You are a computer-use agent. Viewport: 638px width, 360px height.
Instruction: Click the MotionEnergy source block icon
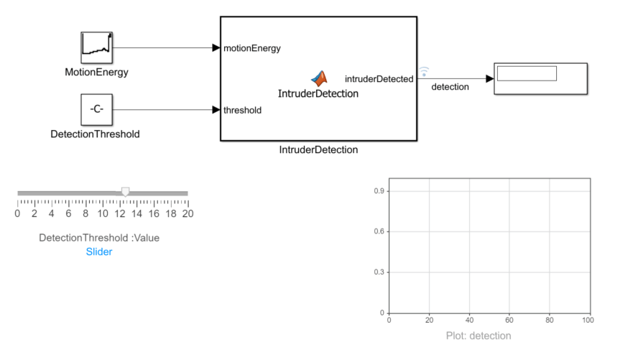click(96, 48)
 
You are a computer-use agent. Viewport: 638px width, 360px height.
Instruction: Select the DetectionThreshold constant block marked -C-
click(96, 110)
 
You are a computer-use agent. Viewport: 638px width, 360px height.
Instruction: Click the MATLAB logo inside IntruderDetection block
click(318, 78)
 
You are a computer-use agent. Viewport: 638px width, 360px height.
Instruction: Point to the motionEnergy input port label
click(251, 48)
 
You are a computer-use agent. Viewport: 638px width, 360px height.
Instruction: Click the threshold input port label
click(242, 110)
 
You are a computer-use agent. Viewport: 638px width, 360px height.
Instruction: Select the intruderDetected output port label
click(379, 78)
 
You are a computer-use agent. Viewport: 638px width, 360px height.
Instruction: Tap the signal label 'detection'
click(450, 87)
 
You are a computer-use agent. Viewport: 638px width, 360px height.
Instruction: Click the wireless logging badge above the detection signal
click(424, 70)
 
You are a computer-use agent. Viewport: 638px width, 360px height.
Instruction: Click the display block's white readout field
click(527, 73)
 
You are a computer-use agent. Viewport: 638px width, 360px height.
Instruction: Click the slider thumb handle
click(126, 191)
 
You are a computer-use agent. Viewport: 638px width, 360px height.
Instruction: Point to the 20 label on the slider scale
click(188, 213)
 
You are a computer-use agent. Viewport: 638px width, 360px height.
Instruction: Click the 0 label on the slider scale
click(18, 213)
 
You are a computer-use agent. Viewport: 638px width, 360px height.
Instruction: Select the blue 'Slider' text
click(99, 251)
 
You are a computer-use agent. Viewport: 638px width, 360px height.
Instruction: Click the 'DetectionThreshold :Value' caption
click(99, 238)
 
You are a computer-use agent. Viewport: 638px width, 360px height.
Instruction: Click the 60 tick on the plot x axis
click(509, 320)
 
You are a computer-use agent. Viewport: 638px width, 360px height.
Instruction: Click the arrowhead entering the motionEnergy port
click(216, 48)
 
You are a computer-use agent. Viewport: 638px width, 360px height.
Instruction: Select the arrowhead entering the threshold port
click(216, 110)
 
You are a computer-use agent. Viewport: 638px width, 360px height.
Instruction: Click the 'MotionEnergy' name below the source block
click(96, 72)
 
